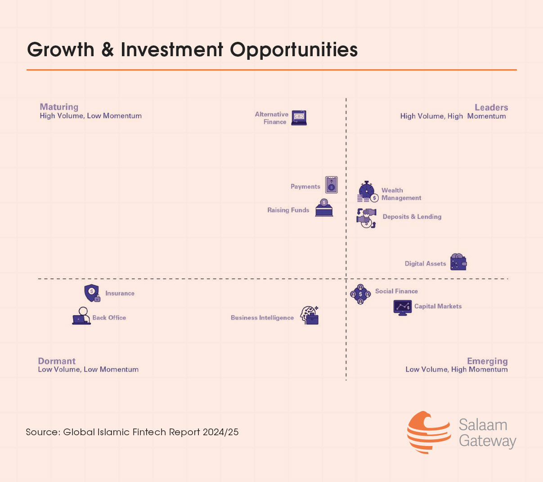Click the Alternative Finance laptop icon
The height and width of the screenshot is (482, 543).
coord(299,118)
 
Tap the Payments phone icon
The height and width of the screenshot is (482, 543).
coord(331,185)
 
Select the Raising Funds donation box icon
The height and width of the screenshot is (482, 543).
coord(324,208)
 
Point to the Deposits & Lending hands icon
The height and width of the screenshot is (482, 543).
coord(367,218)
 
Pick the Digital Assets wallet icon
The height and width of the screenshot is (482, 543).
coord(458,262)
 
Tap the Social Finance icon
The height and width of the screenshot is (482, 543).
coord(360,294)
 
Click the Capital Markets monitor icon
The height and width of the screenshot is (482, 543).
coord(402,308)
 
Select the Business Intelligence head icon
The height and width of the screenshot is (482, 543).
coord(310,315)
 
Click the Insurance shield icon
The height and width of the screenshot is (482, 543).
coord(92,293)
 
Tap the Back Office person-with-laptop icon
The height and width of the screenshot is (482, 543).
coord(81,316)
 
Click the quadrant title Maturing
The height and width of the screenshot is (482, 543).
coord(59,107)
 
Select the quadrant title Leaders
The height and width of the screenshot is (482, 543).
coord(491,107)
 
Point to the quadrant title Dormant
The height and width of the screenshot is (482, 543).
coord(57,361)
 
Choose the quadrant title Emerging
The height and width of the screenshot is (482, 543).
coord(487,361)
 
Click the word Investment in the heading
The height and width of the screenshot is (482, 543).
coord(172,49)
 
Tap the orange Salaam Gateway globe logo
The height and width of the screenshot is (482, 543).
coord(428,433)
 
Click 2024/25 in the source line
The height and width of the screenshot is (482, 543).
coord(220,432)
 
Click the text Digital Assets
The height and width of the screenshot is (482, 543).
coord(425,263)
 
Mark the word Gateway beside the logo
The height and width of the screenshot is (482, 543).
coord(487,441)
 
